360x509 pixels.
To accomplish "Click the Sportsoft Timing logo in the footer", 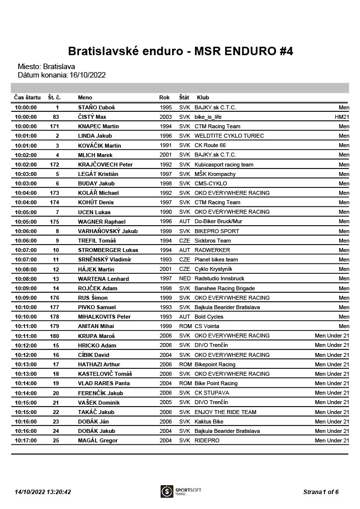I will (180, 491).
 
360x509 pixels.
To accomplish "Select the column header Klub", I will (203, 97).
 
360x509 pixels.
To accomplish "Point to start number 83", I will (56, 117).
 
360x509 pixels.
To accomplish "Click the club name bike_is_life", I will (208, 117).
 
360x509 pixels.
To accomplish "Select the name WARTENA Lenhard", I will (103, 279).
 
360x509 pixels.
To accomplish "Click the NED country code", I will (184, 279).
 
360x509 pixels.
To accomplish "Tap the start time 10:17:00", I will (26, 441).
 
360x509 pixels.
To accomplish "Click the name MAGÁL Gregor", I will (98, 441).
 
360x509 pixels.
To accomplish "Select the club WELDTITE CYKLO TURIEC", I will (229, 136).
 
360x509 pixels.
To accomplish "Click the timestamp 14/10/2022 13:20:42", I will (43, 492).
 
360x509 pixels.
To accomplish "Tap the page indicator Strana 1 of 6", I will (321, 492).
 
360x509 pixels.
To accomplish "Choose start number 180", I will (55, 336).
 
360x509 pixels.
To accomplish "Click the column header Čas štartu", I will (27, 97).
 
